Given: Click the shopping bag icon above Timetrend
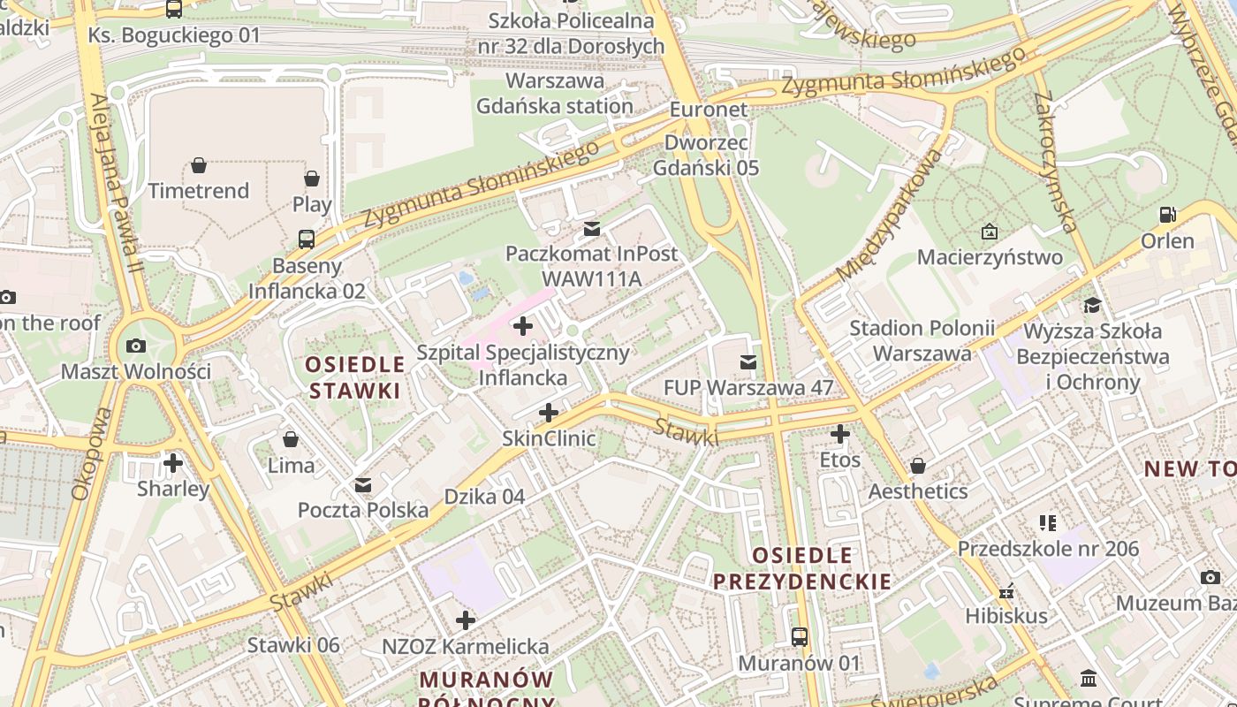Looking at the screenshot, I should pyautogui.click(x=199, y=165).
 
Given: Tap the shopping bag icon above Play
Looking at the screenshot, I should pyautogui.click(x=312, y=179).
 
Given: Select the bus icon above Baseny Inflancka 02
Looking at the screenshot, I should pyautogui.click(x=306, y=239).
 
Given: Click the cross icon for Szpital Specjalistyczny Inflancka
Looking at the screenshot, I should pyautogui.click(x=523, y=326).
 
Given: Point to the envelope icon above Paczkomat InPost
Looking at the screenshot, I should pyautogui.click(x=592, y=229).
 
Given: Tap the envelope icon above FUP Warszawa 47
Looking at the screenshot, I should pyautogui.click(x=748, y=361).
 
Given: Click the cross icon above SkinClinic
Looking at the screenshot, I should pyautogui.click(x=549, y=413).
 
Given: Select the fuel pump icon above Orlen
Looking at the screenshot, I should pyautogui.click(x=1167, y=215).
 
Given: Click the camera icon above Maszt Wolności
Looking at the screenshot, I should pyautogui.click(x=136, y=346).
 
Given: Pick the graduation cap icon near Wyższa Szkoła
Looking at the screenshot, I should pyautogui.click(x=1093, y=306).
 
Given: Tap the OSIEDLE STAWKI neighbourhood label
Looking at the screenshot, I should pyautogui.click(x=355, y=377).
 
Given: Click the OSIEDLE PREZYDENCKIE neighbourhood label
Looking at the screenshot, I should pyautogui.click(x=802, y=568).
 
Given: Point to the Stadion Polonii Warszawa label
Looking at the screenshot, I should pyautogui.click(x=922, y=341).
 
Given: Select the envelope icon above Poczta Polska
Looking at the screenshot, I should pyautogui.click(x=363, y=484).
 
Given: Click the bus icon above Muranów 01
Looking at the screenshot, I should pyautogui.click(x=799, y=636).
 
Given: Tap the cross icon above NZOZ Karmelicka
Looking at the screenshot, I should pyautogui.click(x=466, y=620).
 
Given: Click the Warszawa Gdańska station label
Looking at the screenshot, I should pyautogui.click(x=555, y=94).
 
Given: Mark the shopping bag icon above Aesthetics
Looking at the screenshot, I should pyautogui.click(x=918, y=465).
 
